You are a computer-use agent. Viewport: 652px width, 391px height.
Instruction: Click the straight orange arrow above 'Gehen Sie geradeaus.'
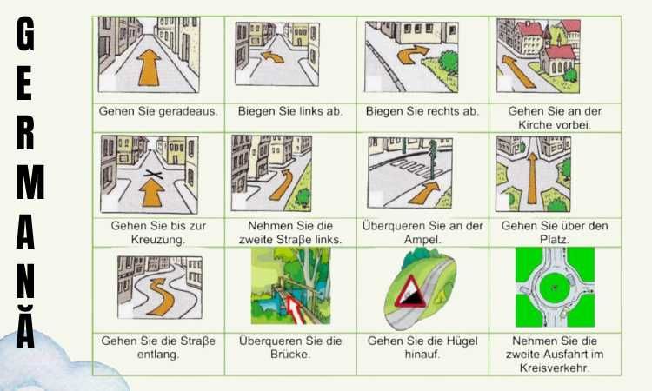pos(150,68)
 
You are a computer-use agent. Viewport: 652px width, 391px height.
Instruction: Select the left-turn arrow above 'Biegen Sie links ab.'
pos(272,57)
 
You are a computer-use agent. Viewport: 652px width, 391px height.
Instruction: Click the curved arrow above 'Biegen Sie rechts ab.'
pos(412,55)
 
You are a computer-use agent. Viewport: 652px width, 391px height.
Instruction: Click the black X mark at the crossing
pos(153,175)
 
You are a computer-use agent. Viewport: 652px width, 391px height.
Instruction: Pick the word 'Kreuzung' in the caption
pos(156,240)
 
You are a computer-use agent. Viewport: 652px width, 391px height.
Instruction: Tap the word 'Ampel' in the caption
pos(421,240)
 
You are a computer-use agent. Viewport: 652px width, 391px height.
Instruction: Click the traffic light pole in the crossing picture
pos(433,159)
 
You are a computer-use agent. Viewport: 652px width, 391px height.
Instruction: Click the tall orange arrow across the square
pos(532,178)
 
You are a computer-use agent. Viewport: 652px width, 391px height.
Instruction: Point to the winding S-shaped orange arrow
pos(161,296)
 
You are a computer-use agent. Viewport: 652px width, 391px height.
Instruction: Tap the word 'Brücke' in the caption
pos(289,355)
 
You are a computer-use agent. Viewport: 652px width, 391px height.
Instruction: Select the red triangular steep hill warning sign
pos(412,292)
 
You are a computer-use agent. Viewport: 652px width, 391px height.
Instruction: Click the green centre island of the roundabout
pos(555,288)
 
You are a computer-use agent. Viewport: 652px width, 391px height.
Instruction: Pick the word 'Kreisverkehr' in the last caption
pos(554,368)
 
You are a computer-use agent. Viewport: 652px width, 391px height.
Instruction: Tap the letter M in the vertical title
pos(30,182)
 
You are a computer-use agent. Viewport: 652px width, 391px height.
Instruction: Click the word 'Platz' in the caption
pos(554,240)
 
